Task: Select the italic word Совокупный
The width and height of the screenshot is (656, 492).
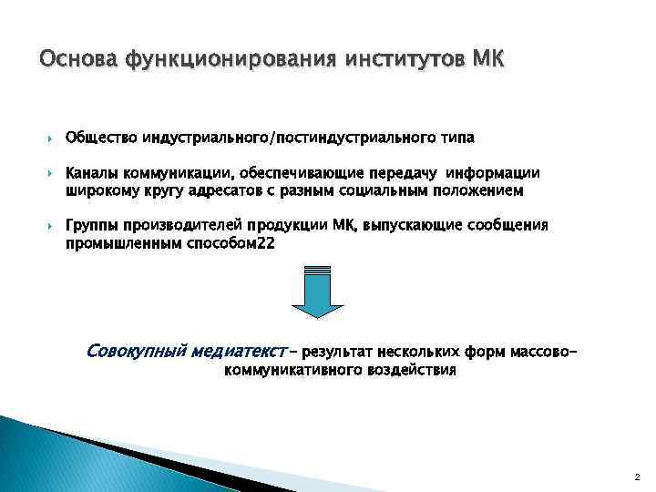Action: pos(138,351)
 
